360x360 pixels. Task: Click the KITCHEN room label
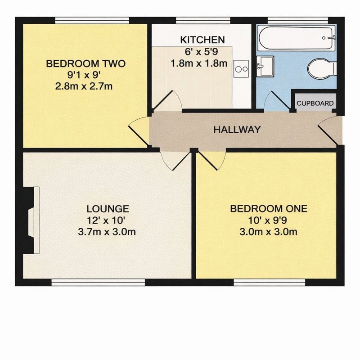click(x=202, y=40)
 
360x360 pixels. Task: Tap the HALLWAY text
click(x=237, y=130)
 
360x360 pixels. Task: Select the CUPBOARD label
click(x=315, y=103)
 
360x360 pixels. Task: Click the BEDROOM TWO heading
click(x=86, y=63)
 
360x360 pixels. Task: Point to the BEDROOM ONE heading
click(x=269, y=209)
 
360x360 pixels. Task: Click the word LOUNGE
click(x=108, y=209)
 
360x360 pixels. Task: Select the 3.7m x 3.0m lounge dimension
click(x=107, y=232)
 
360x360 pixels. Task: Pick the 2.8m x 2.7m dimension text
click(x=84, y=86)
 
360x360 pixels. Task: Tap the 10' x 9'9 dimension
click(x=267, y=220)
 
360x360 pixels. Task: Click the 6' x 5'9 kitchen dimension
click(x=201, y=52)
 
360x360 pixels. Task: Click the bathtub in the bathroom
click(x=297, y=38)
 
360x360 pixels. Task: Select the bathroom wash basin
click(x=265, y=66)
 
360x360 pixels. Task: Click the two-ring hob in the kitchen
click(x=241, y=69)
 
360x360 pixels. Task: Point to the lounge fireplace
click(x=31, y=220)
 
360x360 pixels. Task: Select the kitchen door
click(x=167, y=100)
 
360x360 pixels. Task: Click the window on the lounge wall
click(x=98, y=283)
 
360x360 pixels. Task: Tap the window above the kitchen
click(x=203, y=20)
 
